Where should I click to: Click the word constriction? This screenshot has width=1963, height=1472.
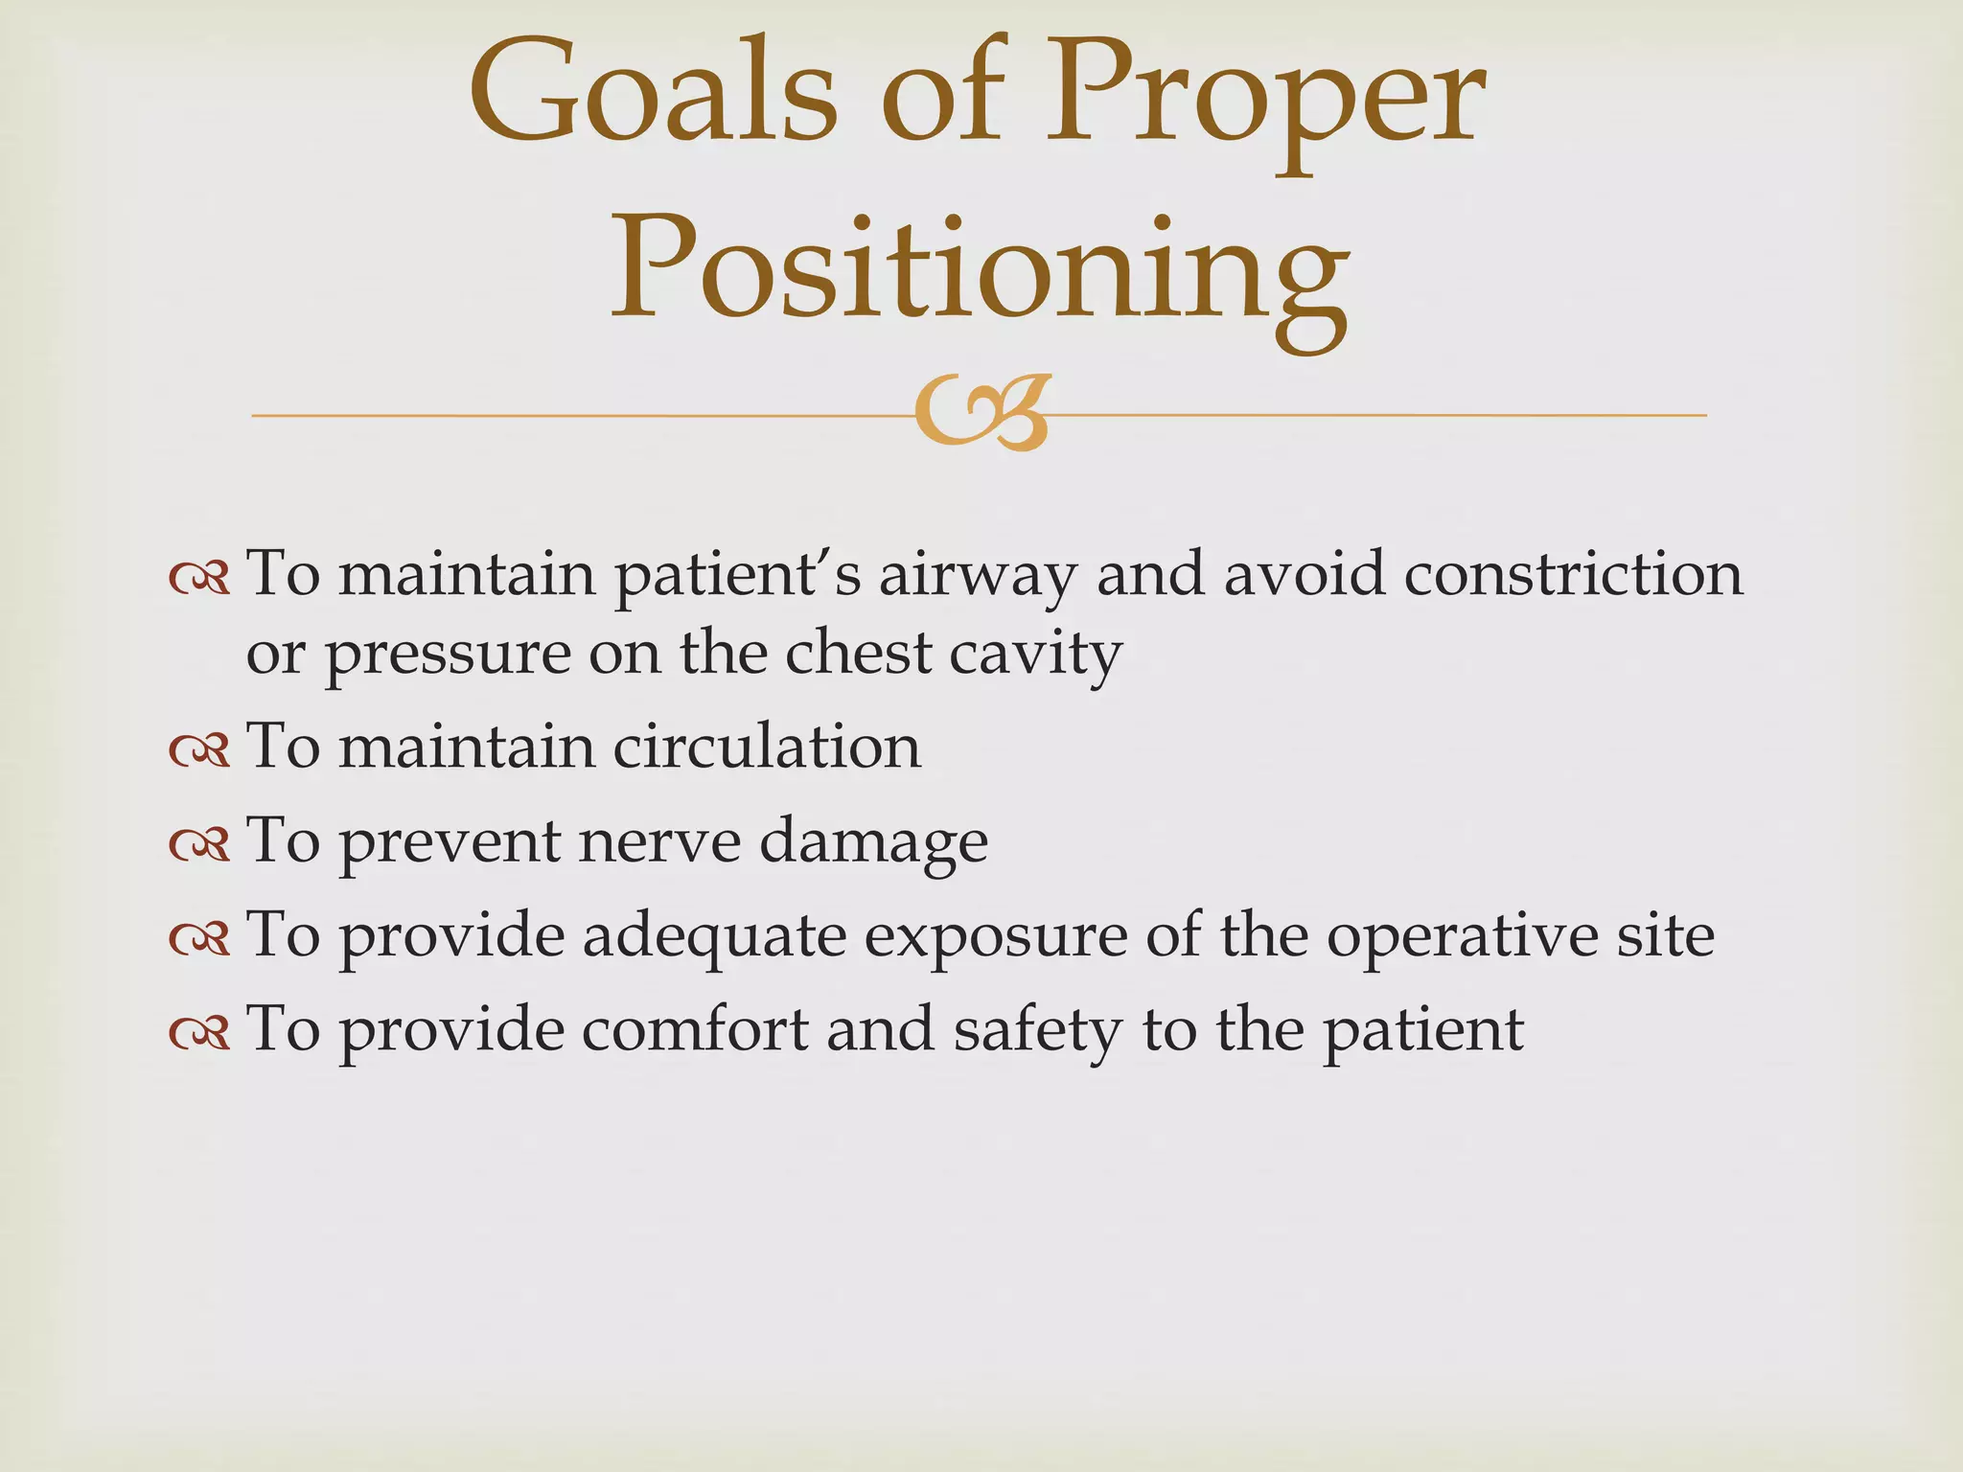1573,575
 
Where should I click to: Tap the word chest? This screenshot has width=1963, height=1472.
858,653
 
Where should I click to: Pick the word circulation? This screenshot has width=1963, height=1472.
767,747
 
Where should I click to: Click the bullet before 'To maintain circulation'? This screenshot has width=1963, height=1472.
199,751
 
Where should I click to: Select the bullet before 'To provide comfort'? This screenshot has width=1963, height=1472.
199,1033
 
